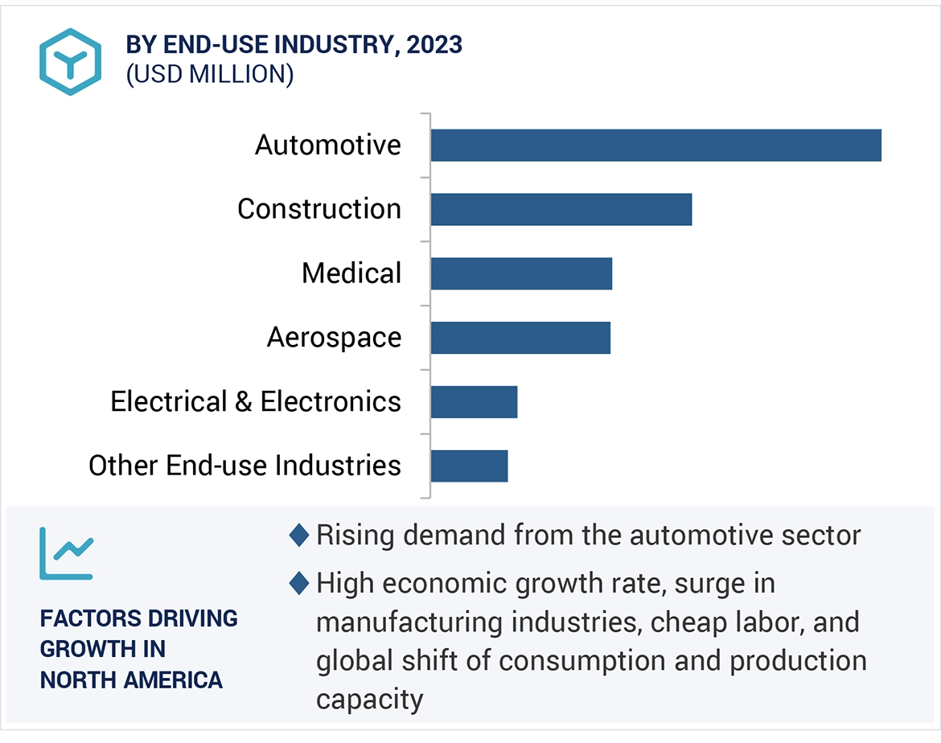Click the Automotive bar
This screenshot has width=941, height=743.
coord(655,146)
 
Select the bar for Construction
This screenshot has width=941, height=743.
coord(561,209)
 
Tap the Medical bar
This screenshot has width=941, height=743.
coord(521,273)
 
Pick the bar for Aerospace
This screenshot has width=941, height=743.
coord(520,338)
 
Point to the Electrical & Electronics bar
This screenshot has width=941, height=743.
coord(474,402)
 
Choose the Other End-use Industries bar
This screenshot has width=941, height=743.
coord(469,466)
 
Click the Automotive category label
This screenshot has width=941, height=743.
coord(328,146)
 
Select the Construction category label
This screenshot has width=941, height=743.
coord(319,209)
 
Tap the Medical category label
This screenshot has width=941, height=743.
coord(351,273)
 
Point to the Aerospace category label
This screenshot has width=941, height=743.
coord(334,338)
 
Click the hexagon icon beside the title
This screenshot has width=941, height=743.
coord(71,62)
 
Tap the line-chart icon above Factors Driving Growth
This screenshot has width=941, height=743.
coord(67,553)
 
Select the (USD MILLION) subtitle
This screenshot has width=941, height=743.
coord(210,74)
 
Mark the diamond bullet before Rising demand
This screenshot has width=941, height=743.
coord(299,536)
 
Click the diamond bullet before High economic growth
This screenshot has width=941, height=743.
coord(299,584)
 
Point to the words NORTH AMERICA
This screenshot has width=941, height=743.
coord(131,680)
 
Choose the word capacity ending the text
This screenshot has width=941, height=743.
coord(369,699)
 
